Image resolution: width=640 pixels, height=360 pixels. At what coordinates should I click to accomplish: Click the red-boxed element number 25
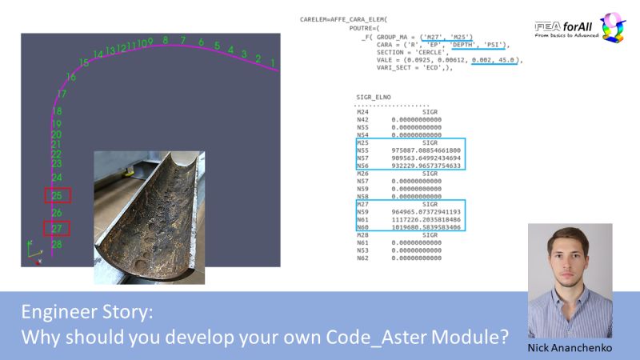point(57,195)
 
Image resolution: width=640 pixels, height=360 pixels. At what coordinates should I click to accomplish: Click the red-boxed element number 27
point(57,228)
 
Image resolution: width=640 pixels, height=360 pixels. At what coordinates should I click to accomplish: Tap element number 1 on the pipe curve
point(273,62)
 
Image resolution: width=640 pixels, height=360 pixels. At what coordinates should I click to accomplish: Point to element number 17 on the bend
point(62,94)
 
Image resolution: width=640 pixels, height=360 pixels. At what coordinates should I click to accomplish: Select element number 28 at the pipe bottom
point(57,244)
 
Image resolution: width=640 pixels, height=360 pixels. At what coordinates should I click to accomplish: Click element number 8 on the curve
point(166,40)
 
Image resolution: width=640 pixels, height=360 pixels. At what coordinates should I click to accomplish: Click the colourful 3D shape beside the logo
point(612,27)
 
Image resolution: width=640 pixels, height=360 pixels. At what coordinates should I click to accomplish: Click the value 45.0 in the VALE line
point(509,60)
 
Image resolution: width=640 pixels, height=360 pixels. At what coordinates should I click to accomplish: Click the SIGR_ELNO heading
point(374,97)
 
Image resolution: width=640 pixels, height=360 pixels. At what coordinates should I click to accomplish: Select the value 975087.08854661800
point(426,150)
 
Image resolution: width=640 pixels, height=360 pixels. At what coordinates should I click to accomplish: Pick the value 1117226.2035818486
point(426,220)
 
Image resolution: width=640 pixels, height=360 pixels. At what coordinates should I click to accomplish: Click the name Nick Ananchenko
point(570,349)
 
